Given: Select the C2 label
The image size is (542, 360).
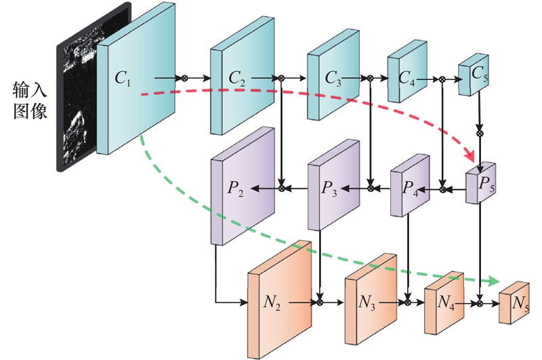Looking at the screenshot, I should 238,78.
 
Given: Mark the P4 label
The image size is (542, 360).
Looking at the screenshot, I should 410,189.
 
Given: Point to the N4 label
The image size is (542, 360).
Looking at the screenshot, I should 445,303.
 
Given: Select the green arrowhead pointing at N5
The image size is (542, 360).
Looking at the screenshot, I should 493,281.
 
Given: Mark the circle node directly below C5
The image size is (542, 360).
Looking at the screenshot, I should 480,134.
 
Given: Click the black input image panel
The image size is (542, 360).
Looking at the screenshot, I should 78,102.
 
